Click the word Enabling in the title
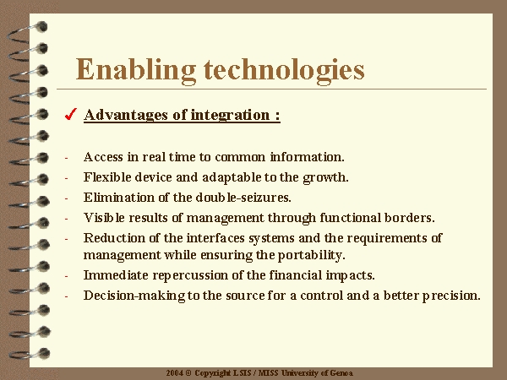(136, 70)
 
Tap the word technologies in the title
(284, 70)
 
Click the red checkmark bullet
(70, 114)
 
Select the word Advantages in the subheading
(126, 115)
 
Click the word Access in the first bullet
(103, 157)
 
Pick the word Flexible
(107, 177)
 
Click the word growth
(325, 178)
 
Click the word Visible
(104, 218)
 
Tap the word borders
(410, 218)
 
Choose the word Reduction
(114, 238)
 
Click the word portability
(312, 256)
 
